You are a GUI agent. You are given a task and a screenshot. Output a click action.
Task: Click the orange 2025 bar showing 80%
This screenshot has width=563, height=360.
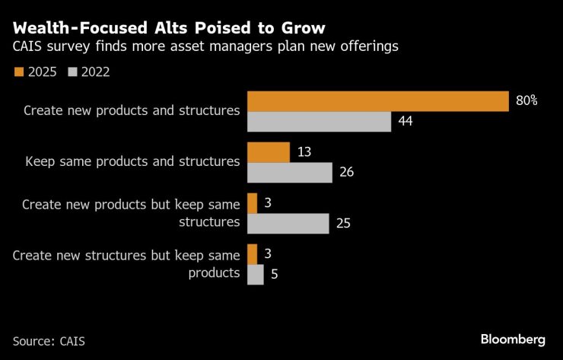click(378, 101)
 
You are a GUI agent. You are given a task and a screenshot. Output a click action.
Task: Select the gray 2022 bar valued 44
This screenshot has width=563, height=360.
click(320, 122)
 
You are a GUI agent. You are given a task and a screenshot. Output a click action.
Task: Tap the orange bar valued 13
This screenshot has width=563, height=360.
click(269, 152)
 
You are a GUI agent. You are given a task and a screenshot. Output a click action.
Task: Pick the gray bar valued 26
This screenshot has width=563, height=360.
click(290, 173)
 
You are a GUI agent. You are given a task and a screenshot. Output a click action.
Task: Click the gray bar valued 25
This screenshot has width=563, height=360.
click(288, 223)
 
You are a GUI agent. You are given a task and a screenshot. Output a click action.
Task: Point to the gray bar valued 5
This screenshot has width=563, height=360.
click(256, 274)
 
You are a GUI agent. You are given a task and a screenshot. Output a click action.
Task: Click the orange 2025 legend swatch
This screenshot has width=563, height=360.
click(19, 72)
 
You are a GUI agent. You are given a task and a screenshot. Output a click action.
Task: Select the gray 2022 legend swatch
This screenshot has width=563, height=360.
click(73, 72)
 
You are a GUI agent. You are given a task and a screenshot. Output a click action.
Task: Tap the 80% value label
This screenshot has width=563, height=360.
click(526, 101)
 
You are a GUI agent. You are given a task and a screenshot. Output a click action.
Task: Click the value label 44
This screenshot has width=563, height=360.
click(405, 122)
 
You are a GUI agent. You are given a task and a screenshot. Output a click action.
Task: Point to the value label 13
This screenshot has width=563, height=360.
click(304, 152)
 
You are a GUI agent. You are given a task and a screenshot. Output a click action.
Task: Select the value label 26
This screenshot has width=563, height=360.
click(346, 173)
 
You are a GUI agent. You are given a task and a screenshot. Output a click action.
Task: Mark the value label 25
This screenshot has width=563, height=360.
click(342, 223)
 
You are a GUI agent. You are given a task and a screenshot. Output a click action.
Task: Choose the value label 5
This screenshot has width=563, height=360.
click(274, 274)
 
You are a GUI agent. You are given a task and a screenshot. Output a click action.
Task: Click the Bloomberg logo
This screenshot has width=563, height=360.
click(513, 339)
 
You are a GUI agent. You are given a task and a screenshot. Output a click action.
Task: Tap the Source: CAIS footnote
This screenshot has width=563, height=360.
click(49, 340)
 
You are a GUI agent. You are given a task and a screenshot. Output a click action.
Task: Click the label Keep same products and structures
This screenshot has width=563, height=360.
click(132, 161)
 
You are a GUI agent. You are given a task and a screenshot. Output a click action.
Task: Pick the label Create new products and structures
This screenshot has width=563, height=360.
click(132, 110)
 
